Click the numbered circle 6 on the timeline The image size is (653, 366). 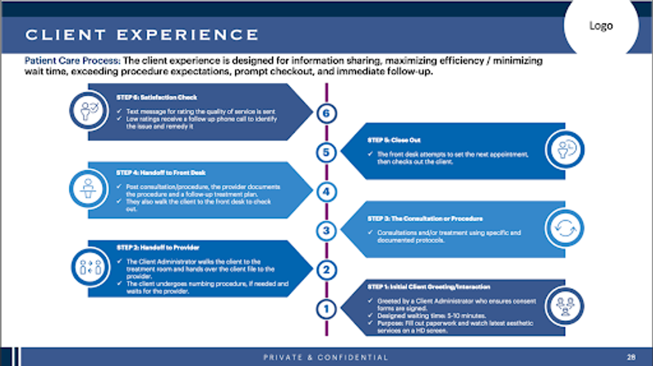(x=326, y=113)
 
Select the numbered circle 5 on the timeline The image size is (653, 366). (x=326, y=152)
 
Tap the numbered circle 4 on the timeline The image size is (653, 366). (x=326, y=192)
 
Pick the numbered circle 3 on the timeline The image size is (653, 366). (x=326, y=230)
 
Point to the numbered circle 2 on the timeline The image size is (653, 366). (x=326, y=270)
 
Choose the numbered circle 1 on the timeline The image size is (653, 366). (x=326, y=309)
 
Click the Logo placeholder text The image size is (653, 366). (x=600, y=25)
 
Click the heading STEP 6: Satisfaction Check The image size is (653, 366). (x=157, y=97)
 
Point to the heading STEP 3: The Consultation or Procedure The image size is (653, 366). (x=424, y=218)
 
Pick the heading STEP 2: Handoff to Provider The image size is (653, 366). (x=158, y=247)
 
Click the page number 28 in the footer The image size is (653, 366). (x=631, y=357)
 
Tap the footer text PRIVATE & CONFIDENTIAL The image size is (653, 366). (x=326, y=357)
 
